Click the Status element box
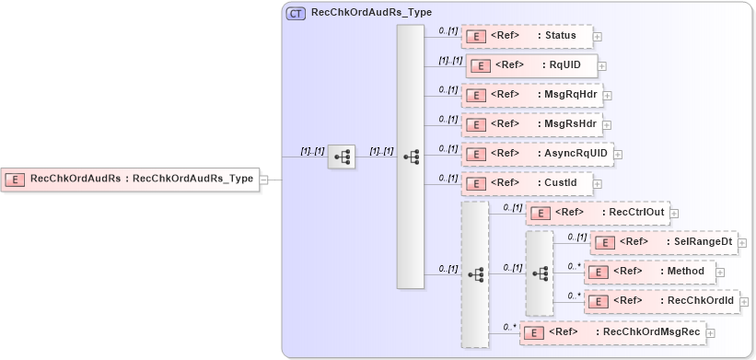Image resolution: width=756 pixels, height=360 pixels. [526, 37]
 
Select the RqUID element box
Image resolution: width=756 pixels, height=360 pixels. [531, 65]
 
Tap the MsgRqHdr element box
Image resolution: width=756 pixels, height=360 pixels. [531, 95]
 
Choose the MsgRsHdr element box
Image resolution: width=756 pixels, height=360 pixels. [531, 124]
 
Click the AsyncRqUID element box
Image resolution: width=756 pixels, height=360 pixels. [537, 154]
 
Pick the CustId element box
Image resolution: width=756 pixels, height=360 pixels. [525, 183]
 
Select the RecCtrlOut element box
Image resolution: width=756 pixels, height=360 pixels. [596, 213]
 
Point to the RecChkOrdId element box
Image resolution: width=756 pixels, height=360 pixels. [662, 301]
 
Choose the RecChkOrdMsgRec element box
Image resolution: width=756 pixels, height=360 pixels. [612, 331]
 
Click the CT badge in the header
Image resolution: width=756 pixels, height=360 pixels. [297, 14]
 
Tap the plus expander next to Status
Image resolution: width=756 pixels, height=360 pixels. [598, 37]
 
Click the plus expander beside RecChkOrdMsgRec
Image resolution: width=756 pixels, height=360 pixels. [710, 332]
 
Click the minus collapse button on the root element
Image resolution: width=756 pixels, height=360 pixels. [263, 180]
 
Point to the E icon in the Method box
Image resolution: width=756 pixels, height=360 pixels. [598, 273]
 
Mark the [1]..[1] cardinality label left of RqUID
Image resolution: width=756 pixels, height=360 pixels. [449, 60]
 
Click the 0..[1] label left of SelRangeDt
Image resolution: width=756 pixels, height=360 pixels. [576, 237]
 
